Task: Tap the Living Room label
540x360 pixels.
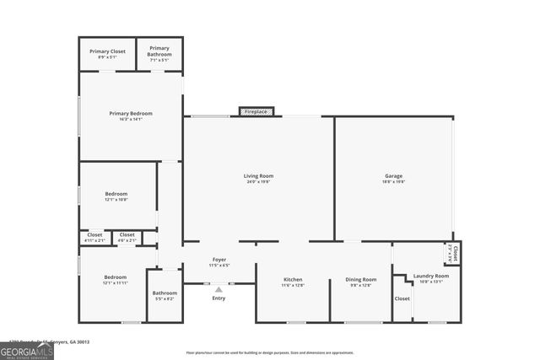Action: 259,176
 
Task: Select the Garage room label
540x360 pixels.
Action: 393,176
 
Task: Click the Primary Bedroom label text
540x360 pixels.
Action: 130,113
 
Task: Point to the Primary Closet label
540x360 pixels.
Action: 107,51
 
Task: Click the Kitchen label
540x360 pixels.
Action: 293,280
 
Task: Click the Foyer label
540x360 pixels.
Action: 219,260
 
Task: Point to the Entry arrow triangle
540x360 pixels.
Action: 219,288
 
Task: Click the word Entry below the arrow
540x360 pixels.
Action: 219,298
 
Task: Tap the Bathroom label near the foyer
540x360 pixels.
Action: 165,293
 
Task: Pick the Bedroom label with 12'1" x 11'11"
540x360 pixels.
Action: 116,277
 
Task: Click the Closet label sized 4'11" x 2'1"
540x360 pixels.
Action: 94,235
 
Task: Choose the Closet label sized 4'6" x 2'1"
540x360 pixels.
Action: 127,235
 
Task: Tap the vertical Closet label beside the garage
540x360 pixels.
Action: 455,252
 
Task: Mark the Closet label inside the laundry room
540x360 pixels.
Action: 402,298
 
